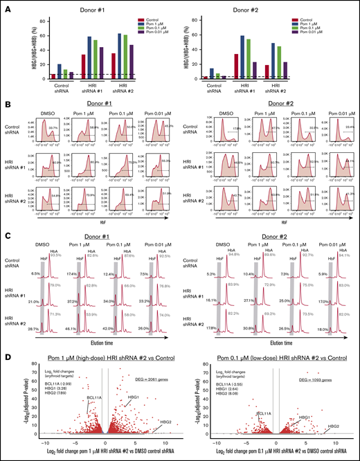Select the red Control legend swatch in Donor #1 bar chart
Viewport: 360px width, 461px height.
(x=141, y=20)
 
